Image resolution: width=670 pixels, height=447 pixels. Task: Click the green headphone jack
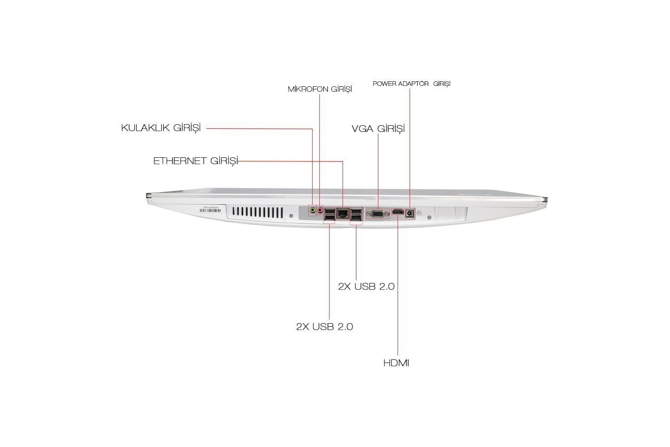coord(313,210)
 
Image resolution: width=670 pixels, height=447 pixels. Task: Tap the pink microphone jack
coord(320,210)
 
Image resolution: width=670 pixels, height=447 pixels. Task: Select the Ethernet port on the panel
coord(342,214)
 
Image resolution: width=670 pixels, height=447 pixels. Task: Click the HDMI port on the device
coord(398,212)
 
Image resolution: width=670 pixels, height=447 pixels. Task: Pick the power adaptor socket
coord(410,214)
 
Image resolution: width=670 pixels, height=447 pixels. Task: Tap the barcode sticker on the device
coord(210,210)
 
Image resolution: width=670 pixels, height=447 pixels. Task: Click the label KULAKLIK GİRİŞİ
coord(161,128)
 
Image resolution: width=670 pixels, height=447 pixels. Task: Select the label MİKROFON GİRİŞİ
coord(320,89)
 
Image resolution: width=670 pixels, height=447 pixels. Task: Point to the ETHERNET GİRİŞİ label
coord(196,161)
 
